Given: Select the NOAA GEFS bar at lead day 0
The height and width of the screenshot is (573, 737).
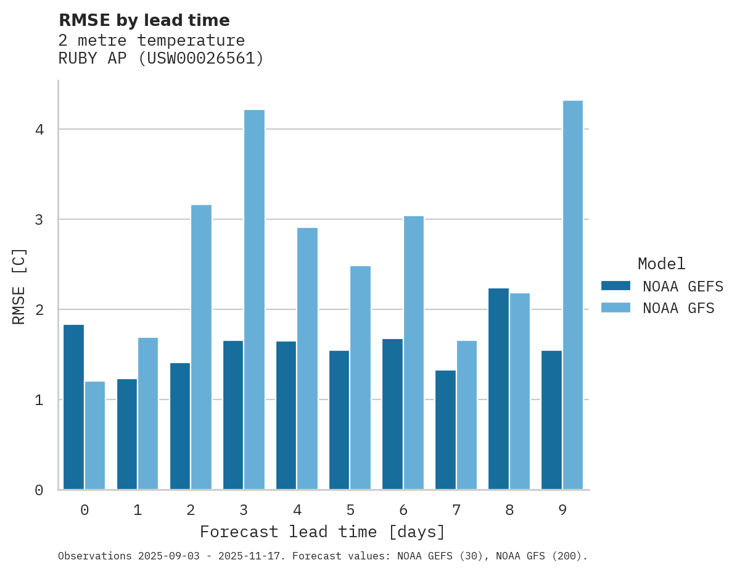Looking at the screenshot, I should pyautogui.click(x=73, y=407).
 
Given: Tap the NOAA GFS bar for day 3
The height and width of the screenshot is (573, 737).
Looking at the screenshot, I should pyautogui.click(x=254, y=299).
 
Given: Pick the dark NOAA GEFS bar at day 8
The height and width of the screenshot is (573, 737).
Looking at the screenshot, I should pyautogui.click(x=498, y=389).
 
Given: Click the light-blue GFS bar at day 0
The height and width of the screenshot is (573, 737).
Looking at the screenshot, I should pyautogui.click(x=95, y=435).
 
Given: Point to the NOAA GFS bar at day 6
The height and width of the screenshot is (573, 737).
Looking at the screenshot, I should pyautogui.click(x=413, y=353).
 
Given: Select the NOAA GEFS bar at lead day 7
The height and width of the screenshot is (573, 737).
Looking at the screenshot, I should pyautogui.click(x=445, y=430).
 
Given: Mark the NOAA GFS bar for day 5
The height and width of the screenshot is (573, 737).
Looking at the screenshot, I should pyautogui.click(x=360, y=377).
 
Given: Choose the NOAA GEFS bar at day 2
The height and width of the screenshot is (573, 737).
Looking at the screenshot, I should pyautogui.click(x=180, y=426).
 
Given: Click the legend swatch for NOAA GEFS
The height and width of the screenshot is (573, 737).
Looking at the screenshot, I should pyautogui.click(x=616, y=286).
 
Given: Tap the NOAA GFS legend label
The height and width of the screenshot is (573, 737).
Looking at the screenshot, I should pyautogui.click(x=678, y=308).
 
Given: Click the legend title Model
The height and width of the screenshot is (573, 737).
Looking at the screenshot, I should pyautogui.click(x=661, y=264).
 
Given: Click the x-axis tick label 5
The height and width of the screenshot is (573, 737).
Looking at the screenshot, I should pyautogui.click(x=350, y=510).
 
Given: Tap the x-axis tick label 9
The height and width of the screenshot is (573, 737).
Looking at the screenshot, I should pyautogui.click(x=562, y=510).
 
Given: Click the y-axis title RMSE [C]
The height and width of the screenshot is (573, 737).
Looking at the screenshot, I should pyautogui.click(x=19, y=286).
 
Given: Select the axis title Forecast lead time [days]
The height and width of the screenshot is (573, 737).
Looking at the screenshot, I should pyautogui.click(x=322, y=532).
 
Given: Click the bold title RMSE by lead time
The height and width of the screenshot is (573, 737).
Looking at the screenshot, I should pyautogui.click(x=144, y=20).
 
